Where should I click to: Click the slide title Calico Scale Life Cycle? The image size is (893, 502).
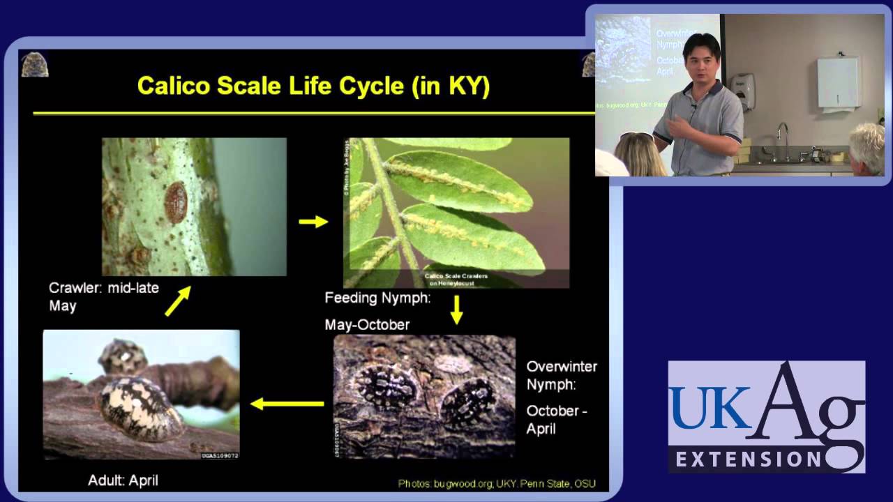point(313,86)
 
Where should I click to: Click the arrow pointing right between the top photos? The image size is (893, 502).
point(313,222)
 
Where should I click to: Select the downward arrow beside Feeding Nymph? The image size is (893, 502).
point(456,310)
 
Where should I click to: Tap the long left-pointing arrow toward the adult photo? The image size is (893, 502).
point(287,403)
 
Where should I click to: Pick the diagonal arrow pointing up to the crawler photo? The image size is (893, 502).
point(177,303)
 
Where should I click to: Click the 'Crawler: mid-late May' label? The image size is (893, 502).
point(103,296)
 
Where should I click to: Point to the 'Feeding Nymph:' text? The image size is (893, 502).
point(377,298)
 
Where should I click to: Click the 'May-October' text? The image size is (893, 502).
point(367,325)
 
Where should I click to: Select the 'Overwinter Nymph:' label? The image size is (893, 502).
point(562,375)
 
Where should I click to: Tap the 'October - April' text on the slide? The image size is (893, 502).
point(556,420)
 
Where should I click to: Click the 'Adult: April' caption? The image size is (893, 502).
point(123,480)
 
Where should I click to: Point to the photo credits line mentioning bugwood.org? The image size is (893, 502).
point(497,483)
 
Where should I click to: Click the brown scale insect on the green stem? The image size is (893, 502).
point(175,197)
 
